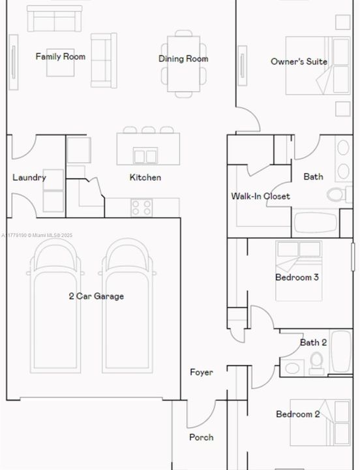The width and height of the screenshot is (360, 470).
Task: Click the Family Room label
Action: click(61, 57)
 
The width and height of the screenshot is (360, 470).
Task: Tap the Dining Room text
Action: click(183, 59)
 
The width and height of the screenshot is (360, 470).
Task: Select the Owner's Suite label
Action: click(299, 61)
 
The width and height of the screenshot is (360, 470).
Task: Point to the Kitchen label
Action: click(145, 177)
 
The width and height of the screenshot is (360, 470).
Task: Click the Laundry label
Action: click(29, 178)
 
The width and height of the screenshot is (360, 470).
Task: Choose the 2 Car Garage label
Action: click(96, 296)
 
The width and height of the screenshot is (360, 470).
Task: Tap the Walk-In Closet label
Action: click(261, 196)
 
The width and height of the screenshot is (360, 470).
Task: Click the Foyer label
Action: click(202, 372)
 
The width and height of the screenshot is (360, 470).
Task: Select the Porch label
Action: click(202, 437)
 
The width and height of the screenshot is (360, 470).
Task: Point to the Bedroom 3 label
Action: click(297, 277)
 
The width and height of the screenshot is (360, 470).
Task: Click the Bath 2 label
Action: click(313, 342)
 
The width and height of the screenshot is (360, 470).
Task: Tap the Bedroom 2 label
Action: click(297, 415)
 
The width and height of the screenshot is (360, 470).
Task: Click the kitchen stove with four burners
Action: click(142, 208)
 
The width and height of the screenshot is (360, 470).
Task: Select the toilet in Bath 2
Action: click(316, 364)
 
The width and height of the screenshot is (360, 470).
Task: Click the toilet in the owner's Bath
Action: click(339, 195)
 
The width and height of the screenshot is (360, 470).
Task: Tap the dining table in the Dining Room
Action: click(184, 64)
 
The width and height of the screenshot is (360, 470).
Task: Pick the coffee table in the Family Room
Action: click(60, 63)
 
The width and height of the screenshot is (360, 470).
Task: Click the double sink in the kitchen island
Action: click(145, 155)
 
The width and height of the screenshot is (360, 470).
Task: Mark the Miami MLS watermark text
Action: click(37, 235)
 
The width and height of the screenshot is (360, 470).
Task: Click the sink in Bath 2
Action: click(292, 368)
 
